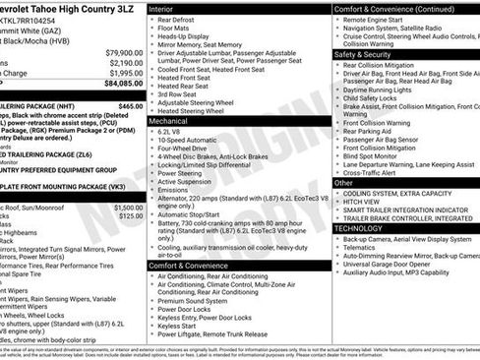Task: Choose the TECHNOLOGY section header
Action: pos(358,227)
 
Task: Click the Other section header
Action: pos(343,183)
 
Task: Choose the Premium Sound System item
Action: pos(199,301)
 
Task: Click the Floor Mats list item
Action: pos(176,28)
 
